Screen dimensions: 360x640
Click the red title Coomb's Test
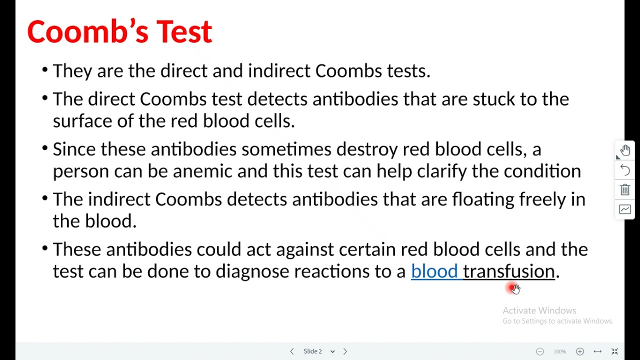click(119, 32)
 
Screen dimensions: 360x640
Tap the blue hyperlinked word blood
click(434, 271)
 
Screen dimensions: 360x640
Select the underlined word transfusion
click(508, 271)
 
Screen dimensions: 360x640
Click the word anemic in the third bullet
click(202, 171)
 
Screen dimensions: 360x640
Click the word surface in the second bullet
click(82, 121)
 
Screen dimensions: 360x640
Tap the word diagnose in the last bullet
click(252, 271)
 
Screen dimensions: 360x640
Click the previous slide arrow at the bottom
click(292, 351)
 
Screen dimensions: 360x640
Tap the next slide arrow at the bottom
click(345, 351)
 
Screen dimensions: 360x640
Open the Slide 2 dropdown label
click(318, 351)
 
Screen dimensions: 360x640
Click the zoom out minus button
click(540, 351)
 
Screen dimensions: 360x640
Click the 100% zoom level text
click(559, 351)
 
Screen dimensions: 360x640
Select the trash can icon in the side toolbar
click(625, 190)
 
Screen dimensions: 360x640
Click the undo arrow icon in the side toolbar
click(625, 170)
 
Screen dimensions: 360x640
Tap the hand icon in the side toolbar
click(625, 150)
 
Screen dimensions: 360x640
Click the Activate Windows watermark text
click(539, 310)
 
